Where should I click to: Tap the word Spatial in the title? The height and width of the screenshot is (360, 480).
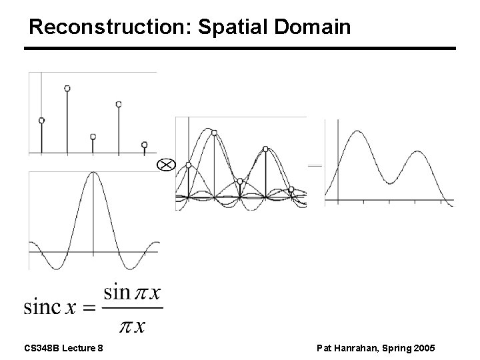point(235,27)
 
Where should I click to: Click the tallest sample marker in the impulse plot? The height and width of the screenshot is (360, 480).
point(67,88)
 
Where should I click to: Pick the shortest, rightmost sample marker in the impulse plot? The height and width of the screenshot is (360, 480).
point(144,144)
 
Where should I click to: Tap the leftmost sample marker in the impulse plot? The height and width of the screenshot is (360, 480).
point(41,121)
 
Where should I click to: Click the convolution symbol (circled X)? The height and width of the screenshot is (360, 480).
point(165,165)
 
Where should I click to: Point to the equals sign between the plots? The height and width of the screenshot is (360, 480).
point(315,165)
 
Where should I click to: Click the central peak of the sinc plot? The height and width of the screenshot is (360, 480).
point(93,175)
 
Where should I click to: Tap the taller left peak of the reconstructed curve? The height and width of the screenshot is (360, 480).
point(358,133)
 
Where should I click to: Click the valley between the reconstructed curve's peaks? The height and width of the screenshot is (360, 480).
point(389,181)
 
